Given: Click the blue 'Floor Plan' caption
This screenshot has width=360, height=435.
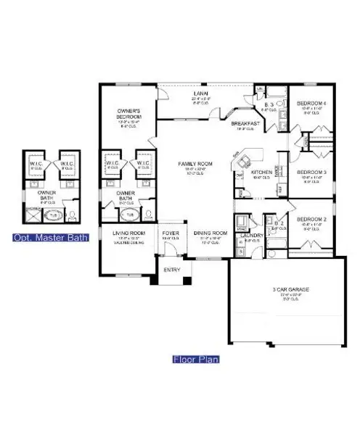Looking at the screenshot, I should coord(196,359).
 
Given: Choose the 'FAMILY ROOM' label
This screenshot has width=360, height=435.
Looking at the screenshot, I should coord(195,165).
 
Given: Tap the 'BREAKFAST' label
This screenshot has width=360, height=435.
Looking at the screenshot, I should coord(245,124).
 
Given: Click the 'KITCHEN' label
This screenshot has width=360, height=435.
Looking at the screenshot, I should coord(261,173).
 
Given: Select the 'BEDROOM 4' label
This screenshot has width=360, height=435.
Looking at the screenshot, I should coord(311,103).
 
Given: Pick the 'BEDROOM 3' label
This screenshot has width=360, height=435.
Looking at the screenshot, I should coord(311,172).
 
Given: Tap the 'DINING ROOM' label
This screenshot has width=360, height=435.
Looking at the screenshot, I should coord(210,233).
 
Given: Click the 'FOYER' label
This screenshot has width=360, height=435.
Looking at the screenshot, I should coord(171,233).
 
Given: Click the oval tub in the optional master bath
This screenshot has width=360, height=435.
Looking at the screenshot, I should coord(52,215).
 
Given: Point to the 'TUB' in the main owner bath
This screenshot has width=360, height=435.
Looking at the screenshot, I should coord(131,215).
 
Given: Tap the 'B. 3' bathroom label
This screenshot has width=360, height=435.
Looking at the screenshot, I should coord(269,104).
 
